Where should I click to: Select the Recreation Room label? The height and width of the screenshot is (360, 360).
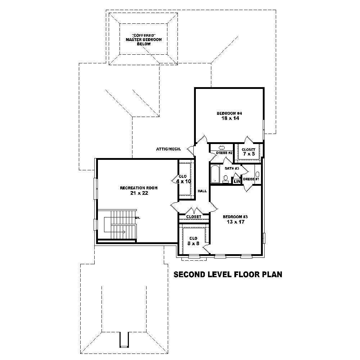point(139,188)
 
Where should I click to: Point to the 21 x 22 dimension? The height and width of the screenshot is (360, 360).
point(139,193)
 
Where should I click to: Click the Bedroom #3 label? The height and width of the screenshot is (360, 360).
point(235,217)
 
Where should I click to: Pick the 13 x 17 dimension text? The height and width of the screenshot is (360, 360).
point(235,222)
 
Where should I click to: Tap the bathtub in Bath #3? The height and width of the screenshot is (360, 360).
point(215,174)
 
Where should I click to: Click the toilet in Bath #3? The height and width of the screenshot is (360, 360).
point(226,178)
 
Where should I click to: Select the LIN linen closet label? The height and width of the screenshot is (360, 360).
point(237,181)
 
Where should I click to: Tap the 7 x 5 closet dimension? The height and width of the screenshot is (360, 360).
point(248,154)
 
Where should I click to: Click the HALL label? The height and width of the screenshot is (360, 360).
point(202,191)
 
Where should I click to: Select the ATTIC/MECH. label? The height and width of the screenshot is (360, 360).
point(171,149)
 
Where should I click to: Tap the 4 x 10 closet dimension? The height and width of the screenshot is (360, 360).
point(184,181)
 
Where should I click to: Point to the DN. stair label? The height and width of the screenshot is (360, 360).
point(138,218)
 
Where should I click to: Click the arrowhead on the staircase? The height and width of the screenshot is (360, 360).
point(124,232)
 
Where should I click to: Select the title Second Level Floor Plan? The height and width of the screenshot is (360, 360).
point(228,275)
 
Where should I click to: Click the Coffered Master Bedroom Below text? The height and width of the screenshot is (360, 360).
point(143,39)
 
